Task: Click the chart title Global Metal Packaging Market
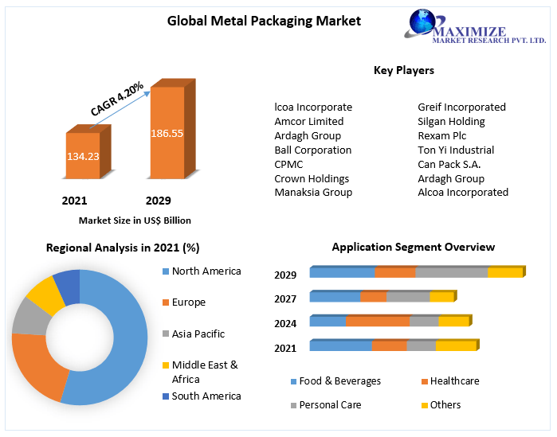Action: tap(264, 21)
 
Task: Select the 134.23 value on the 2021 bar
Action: tap(83, 156)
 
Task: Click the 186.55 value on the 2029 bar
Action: tap(167, 133)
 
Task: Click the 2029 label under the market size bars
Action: tap(158, 201)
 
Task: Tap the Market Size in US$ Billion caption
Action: tap(135, 220)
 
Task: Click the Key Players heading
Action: tap(403, 70)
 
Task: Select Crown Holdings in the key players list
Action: tap(312, 178)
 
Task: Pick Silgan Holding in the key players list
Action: tap(451, 121)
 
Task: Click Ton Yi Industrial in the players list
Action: tap(456, 150)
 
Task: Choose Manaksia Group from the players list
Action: tap(313, 192)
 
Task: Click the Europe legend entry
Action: tap(188, 302)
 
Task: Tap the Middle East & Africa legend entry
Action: tap(204, 372)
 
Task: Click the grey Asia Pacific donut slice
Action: tap(29, 316)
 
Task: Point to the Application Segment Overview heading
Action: tap(413, 247)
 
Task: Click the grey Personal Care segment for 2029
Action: tap(451, 272)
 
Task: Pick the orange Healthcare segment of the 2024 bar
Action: tap(377, 321)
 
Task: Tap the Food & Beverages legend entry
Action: tap(339, 381)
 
